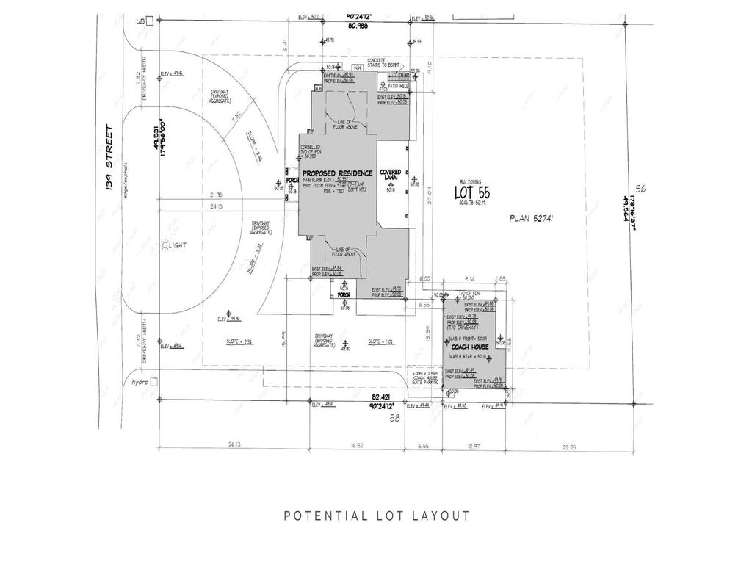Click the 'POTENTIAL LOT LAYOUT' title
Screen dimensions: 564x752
[x=376, y=516]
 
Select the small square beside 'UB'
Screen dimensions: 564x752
[x=150, y=22]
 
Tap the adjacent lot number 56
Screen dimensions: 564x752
[x=640, y=189]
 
